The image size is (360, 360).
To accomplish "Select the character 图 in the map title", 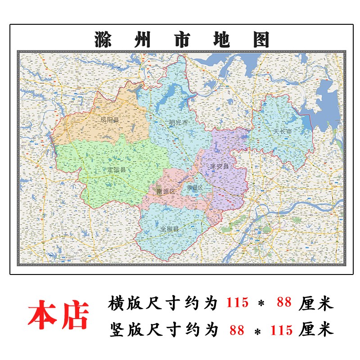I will coord(260,40).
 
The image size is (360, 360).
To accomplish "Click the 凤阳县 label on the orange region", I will coord(110,120).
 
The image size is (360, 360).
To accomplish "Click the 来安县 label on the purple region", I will coord(220,166).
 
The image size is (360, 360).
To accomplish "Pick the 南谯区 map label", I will coord(166,191).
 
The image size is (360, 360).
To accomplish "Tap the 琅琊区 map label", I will coord(195,188).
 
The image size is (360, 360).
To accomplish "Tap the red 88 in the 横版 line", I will coord(284,303).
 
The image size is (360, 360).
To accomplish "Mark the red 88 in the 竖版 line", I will coord(237,330).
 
